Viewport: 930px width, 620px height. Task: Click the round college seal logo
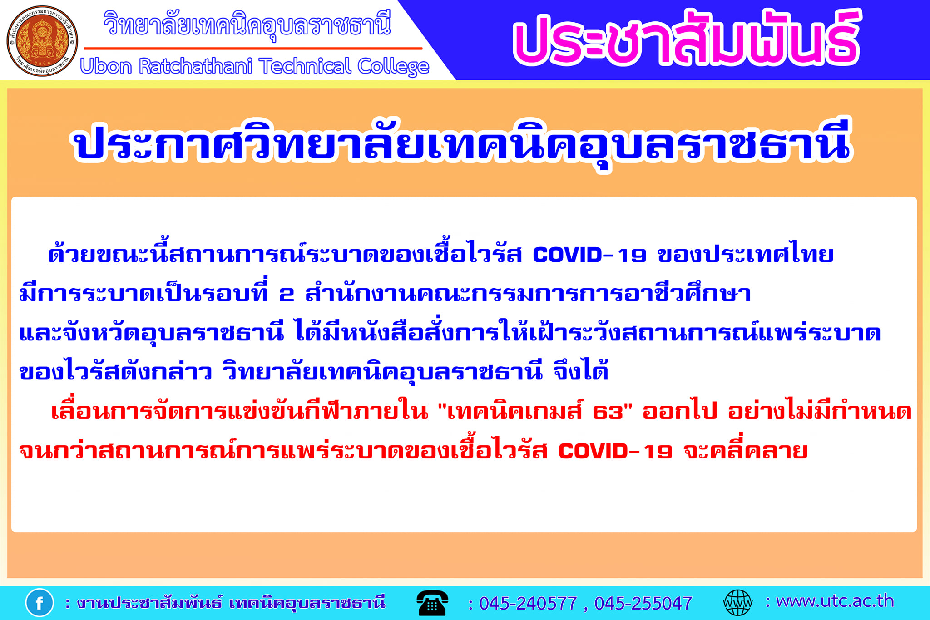click(42, 41)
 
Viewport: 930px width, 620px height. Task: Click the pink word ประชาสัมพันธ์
click(687, 38)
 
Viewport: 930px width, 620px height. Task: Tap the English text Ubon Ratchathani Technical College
click(255, 66)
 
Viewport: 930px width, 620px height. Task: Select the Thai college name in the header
click(247, 25)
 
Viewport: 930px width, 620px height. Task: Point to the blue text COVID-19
click(589, 255)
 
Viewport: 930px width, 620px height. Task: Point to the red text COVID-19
click(615, 451)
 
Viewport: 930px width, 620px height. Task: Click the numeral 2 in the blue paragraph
click(287, 295)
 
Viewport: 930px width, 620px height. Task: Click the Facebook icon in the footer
click(40, 603)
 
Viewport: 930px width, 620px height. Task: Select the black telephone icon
click(432, 603)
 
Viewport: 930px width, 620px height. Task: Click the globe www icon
click(737, 603)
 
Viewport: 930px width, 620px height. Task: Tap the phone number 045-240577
click(528, 603)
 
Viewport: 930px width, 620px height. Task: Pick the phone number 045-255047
click(643, 603)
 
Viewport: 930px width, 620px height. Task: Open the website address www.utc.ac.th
click(835, 601)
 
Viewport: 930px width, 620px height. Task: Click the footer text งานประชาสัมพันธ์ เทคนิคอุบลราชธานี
click(231, 603)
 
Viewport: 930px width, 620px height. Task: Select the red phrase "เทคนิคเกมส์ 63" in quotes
click(535, 411)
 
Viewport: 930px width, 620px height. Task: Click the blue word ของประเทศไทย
click(746, 254)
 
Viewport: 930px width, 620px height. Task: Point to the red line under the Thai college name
click(253, 48)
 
